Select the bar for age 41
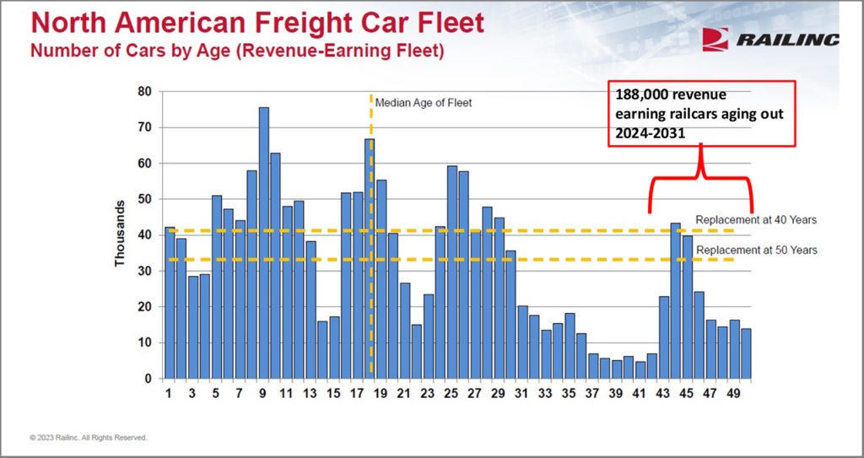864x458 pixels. pyautogui.click(x=640, y=369)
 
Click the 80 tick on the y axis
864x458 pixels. pyautogui.click(x=146, y=92)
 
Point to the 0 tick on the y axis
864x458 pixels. pyautogui.click(x=148, y=379)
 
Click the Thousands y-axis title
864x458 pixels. pyautogui.click(x=120, y=234)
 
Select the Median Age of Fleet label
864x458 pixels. pyautogui.click(x=424, y=103)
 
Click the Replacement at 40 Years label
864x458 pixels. pyautogui.click(x=755, y=219)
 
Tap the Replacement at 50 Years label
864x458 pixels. pyautogui.click(x=755, y=251)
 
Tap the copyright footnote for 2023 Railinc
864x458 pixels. pyautogui.click(x=89, y=438)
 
